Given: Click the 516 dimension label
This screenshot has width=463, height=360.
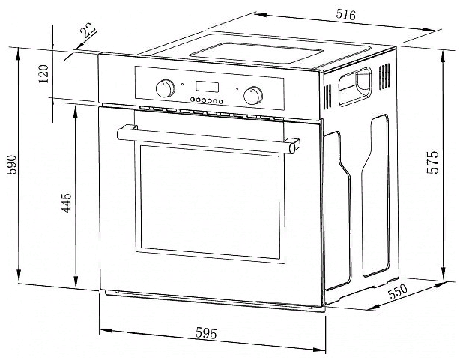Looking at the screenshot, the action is click(346, 14).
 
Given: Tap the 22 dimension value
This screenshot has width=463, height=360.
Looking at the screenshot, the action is click(88, 31).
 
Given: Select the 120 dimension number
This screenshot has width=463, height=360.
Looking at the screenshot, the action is click(43, 74).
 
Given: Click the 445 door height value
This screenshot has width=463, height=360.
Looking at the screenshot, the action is click(67, 203).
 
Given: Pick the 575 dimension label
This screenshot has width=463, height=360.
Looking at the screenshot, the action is click(433, 162).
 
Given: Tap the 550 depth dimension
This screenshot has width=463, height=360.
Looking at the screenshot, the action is click(398, 292).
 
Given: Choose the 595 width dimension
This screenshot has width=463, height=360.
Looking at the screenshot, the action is click(206, 334).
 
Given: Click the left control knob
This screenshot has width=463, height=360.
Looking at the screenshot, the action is click(165, 88).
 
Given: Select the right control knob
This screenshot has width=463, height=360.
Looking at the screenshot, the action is click(253, 95).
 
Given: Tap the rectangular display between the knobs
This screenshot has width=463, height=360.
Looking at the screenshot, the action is click(207, 87).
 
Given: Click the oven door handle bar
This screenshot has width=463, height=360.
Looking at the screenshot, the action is click(208, 139).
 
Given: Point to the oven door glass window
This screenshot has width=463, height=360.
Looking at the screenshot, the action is click(210, 202).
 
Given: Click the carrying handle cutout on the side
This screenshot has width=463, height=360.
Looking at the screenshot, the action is click(355, 87).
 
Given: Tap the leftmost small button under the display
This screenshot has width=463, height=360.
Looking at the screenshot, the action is click(193, 100).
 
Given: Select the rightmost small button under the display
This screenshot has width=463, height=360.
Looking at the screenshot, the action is click(220, 102).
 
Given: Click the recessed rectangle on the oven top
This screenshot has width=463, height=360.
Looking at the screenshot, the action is click(256, 53).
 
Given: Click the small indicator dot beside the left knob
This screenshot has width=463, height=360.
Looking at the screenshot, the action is click(183, 84).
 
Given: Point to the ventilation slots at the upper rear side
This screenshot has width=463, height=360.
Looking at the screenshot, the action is click(384, 76).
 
